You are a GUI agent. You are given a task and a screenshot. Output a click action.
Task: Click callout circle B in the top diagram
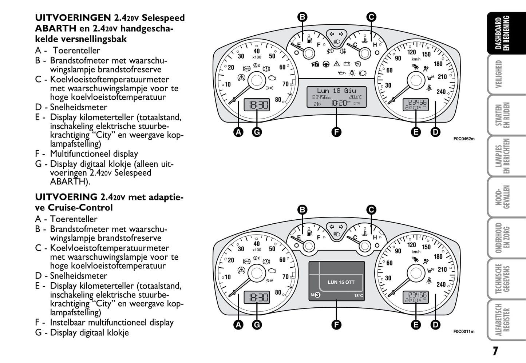click(302, 17)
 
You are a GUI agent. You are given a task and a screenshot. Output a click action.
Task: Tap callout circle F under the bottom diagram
click(336, 324)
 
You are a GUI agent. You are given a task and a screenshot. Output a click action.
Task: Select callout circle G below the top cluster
click(257, 132)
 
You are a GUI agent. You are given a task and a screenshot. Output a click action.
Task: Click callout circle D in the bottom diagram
click(435, 324)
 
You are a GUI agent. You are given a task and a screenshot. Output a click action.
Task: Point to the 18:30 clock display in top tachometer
click(257, 105)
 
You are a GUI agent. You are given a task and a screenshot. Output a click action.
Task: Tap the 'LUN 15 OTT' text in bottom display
click(341, 282)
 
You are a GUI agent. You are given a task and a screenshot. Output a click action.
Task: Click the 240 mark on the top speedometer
click(441, 92)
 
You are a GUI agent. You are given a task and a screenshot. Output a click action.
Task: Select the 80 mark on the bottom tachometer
click(278, 292)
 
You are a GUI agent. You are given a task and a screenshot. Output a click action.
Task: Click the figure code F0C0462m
click(464, 139)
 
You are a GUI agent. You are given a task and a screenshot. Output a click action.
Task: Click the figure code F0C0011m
click(464, 331)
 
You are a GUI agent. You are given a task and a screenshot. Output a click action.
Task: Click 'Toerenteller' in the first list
click(76, 50)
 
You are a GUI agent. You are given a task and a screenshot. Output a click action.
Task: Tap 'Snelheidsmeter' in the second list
click(79, 276)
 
